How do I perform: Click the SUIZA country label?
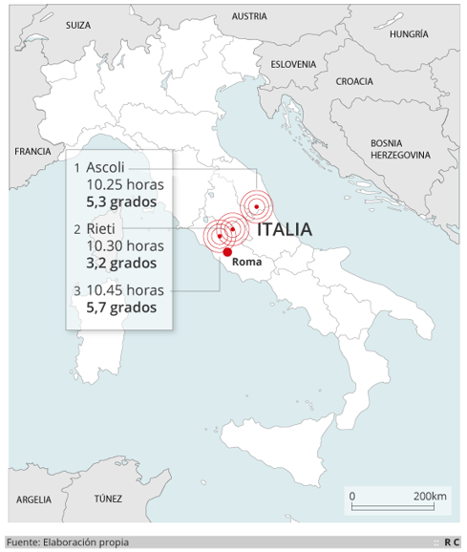click(78, 25)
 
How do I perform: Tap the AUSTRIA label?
click(249, 16)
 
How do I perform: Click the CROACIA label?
click(354, 81)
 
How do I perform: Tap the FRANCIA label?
click(32, 151)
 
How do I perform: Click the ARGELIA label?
click(34, 499)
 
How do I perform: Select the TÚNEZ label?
click(108, 499)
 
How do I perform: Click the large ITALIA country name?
click(285, 229)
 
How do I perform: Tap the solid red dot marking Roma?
click(227, 252)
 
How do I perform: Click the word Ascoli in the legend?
click(105, 167)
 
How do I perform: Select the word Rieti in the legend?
click(100, 228)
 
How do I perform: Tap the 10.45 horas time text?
click(125, 289)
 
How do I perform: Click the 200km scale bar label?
click(430, 497)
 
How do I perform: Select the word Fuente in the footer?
click(21, 541)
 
